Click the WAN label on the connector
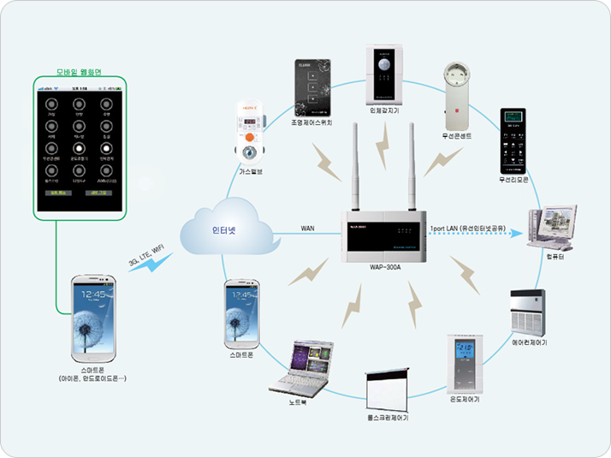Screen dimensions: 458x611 point(308,229)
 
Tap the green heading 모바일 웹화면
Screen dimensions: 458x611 point(79,72)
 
